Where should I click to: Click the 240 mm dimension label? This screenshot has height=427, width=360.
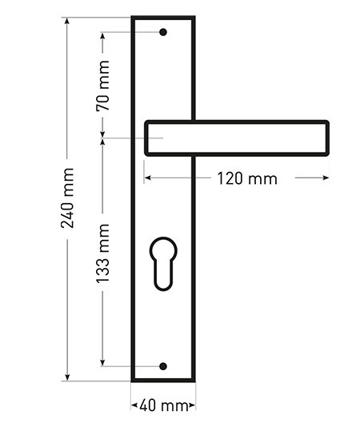click(67, 198)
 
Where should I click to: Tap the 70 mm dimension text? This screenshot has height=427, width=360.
click(103, 86)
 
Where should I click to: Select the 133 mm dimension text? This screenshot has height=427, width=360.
click(103, 253)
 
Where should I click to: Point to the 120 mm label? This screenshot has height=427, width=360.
click(247, 178)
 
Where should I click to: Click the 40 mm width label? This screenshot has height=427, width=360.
click(164, 406)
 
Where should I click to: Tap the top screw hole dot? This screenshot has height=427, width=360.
click(163, 32)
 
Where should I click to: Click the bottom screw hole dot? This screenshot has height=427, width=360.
click(163, 366)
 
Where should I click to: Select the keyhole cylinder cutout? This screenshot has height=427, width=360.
click(163, 264)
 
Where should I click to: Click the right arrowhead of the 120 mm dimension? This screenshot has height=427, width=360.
click(326, 178)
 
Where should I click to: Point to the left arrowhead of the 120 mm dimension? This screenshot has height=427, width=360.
click(148, 178)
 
